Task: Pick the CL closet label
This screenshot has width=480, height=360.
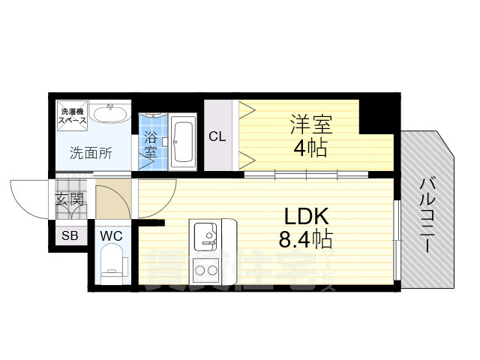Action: point(217,136)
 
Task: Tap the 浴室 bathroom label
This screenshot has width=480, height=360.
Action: point(151,144)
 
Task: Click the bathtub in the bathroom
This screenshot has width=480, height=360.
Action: point(183,142)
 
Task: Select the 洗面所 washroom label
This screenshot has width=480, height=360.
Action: point(91,154)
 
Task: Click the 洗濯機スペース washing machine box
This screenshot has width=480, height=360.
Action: point(73,115)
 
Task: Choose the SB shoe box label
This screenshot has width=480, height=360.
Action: point(69,235)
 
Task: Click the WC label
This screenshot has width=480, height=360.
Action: point(111,235)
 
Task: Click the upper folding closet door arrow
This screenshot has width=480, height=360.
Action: point(246,112)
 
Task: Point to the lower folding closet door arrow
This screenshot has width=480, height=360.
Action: point(246,158)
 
